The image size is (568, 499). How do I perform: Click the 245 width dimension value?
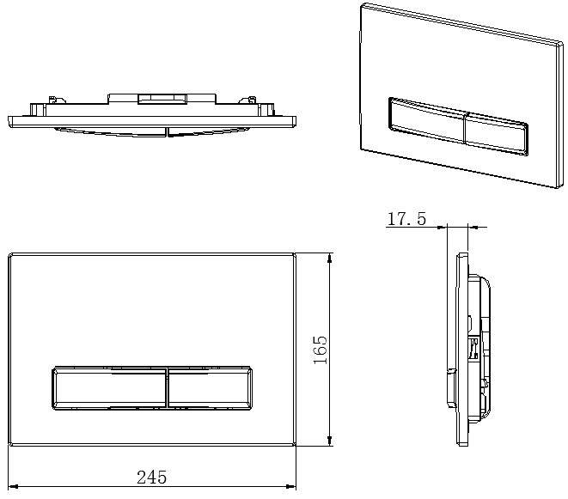click(x=152, y=478)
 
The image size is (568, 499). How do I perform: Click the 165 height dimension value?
click(x=321, y=350)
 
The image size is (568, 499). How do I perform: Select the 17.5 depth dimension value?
click(x=406, y=219)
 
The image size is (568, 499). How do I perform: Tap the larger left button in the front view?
click(x=110, y=388)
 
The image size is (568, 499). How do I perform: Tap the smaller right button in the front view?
click(x=211, y=388)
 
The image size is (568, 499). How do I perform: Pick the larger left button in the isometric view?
click(x=427, y=119)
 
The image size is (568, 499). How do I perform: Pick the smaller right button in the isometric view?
click(x=497, y=134)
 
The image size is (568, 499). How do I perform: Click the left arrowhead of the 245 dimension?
click(x=13, y=487)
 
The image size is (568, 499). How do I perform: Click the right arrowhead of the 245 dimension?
click(x=291, y=487)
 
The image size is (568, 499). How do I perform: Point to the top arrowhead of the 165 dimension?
click(x=329, y=258)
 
